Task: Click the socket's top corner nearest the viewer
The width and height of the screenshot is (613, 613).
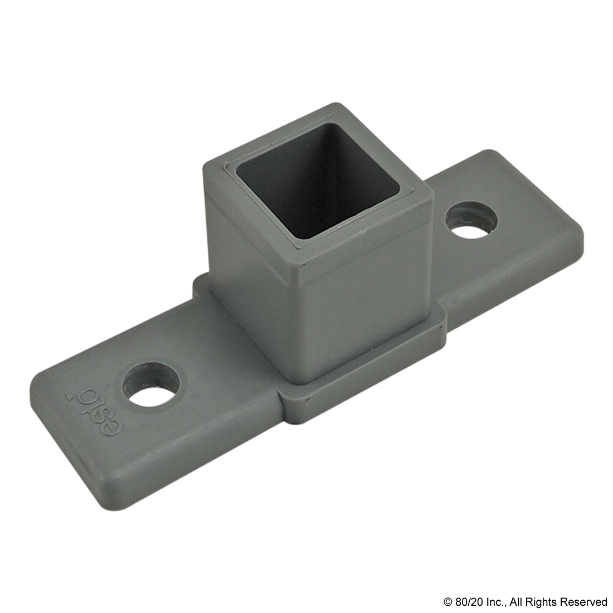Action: coord(305,257)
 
